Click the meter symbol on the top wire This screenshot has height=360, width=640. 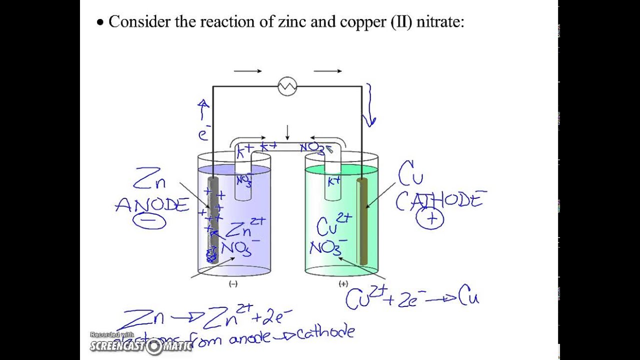coord(287,86)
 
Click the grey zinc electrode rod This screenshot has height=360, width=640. coord(213,220)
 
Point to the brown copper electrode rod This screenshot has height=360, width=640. coord(362,220)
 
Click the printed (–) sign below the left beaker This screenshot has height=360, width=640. coord(233,284)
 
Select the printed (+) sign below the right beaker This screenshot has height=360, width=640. coord(343,284)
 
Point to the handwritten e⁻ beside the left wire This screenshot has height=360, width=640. coord(202,134)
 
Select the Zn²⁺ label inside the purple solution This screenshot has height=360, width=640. coord(245,228)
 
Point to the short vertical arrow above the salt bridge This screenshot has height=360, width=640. coord(287,132)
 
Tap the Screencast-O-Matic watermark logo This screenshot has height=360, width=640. coord(141,344)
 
